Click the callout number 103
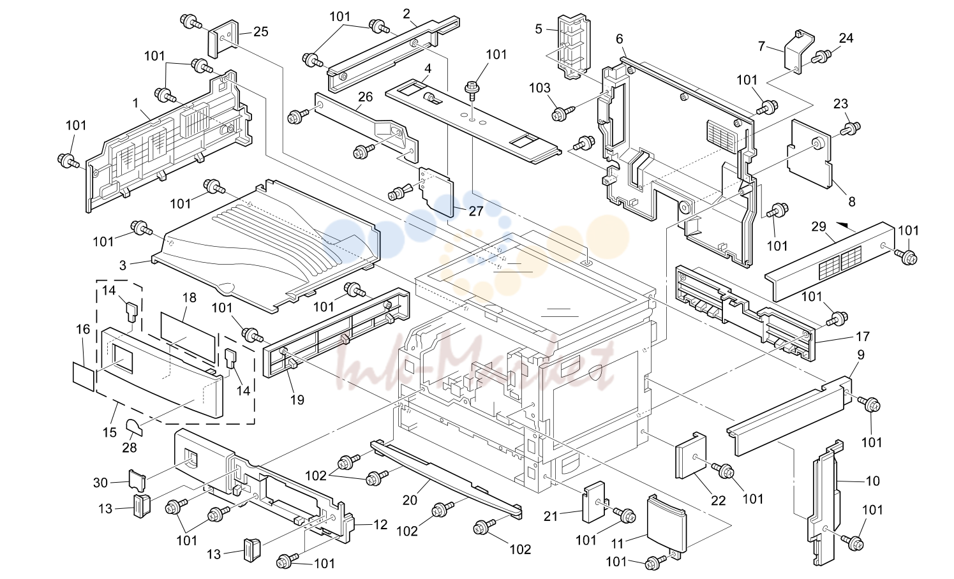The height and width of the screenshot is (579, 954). tap(540, 88)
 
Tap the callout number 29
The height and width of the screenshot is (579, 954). tap(819, 226)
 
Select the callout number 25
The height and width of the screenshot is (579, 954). tap(261, 31)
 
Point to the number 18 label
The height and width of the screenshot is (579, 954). tap(190, 298)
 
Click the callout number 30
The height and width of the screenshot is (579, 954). tap(101, 482)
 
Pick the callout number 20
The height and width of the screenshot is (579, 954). tap(410, 500)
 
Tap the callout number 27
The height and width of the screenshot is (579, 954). tap(475, 211)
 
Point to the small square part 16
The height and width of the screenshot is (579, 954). tap(84, 376)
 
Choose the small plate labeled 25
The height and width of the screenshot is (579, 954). tap(223, 39)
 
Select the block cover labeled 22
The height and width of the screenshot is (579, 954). tap(690, 455)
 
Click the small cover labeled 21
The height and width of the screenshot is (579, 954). tap(593, 502)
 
